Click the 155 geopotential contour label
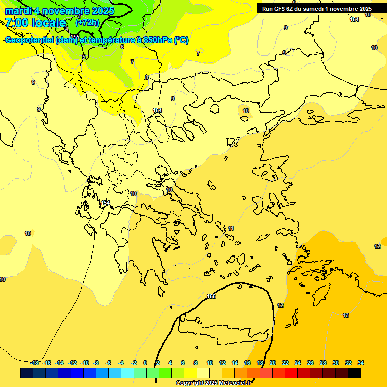pos(211,296)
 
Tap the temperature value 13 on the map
pos(346,315)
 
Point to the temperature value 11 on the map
pos(231,229)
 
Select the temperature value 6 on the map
pos(122,47)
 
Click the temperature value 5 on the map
pos(84,57)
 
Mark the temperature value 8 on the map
pos(146,77)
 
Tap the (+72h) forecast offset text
pos(87,23)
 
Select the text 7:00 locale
pos(35,23)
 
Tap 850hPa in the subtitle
pos(158,40)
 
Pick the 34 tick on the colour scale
pos(361,363)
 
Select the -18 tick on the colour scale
pos(35,363)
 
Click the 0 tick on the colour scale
pos(145,363)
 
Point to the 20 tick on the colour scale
pos(273,363)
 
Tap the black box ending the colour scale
pos(354,373)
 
